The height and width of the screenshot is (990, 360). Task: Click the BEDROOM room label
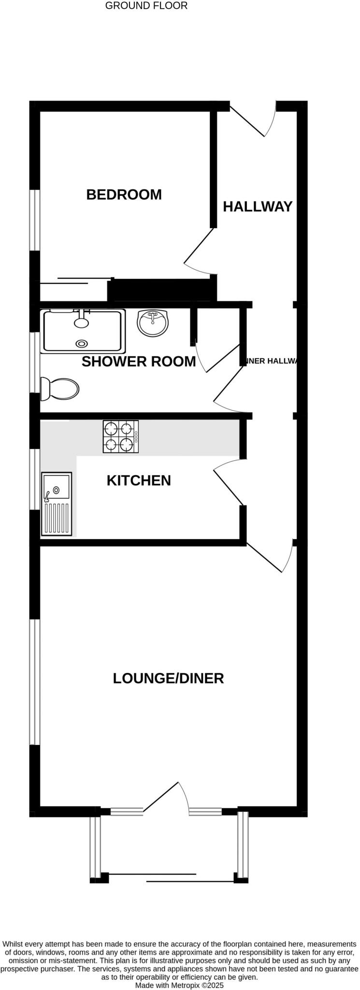(124, 194)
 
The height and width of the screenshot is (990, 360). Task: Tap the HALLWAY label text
(257, 206)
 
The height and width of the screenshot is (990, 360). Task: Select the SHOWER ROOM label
(139, 362)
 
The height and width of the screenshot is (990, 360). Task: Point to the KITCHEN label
(139, 480)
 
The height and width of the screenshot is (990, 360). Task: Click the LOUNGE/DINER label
(168, 678)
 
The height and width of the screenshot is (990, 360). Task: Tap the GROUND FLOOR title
(146, 6)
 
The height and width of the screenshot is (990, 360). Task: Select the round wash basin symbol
(153, 322)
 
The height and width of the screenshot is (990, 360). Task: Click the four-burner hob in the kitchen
(120, 437)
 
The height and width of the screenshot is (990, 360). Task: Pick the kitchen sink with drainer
(57, 504)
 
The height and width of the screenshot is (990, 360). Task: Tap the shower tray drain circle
(82, 344)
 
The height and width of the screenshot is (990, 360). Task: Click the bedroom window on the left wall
(34, 220)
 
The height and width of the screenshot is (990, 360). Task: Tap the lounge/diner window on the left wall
(34, 682)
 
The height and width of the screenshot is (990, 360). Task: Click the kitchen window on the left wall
(34, 479)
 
